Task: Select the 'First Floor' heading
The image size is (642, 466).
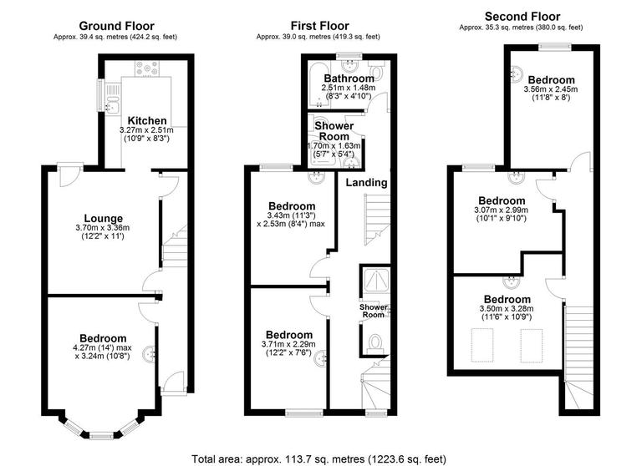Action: pos(319,26)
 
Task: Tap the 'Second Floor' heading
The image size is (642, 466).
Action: pos(522,16)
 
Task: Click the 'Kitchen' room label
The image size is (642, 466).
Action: pos(146,120)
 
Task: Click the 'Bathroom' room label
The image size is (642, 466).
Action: pos(349,79)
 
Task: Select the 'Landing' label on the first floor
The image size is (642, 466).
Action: pos(366,182)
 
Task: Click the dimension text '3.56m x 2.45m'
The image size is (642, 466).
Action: pos(550,89)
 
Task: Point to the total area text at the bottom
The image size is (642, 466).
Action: pos(318,458)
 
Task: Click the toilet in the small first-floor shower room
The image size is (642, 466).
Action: pos(375,342)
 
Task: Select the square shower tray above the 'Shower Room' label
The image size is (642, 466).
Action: pos(374,281)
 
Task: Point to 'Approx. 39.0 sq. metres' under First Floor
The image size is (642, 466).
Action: pos(318,37)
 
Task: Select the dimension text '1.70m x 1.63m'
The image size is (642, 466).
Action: pos(333,145)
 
